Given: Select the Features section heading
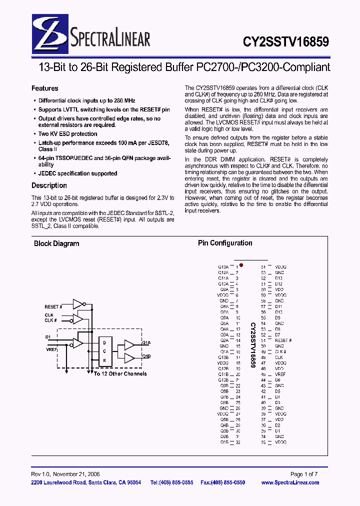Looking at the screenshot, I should click(x=45, y=88).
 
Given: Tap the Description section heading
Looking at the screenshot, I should click(x=49, y=185).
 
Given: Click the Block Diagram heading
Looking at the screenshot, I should click(x=56, y=244).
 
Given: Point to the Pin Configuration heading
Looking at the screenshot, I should click(x=225, y=243).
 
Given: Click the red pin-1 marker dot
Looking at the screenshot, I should click(x=241, y=265).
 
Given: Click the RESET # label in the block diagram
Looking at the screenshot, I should click(x=53, y=306).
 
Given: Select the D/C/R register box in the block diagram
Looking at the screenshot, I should click(x=105, y=351).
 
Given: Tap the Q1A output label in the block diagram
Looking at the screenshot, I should click(x=146, y=343).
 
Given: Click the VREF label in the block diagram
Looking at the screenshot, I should click(x=51, y=350).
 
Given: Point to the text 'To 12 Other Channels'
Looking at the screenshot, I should click(x=120, y=374).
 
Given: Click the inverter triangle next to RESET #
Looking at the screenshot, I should click(x=78, y=304).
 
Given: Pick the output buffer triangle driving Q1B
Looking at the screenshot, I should click(x=129, y=357).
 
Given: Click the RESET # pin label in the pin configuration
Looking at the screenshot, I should click(x=283, y=340).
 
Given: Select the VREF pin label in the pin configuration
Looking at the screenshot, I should click(x=280, y=374).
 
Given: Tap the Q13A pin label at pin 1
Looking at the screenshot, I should click(x=223, y=267).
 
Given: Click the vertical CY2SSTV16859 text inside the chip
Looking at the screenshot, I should click(x=253, y=345).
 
